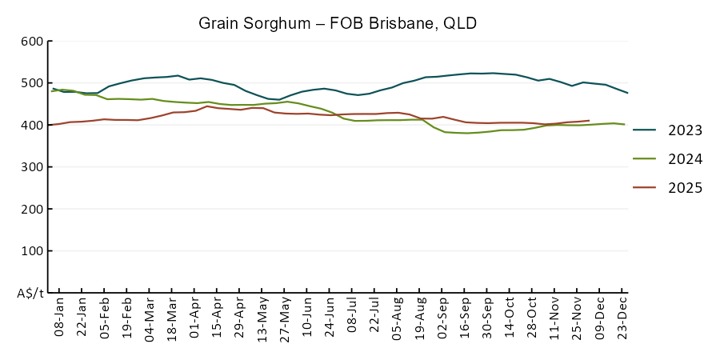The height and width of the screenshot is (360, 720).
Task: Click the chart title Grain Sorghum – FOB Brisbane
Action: pyautogui.click(x=338, y=23)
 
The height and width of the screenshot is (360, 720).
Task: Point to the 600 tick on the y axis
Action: pyautogui.click(x=33, y=41)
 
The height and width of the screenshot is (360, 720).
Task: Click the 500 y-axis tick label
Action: pyautogui.click(x=33, y=83)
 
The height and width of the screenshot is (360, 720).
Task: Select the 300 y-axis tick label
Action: pyautogui.click(x=33, y=167)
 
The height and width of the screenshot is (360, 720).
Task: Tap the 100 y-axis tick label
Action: pyautogui.click(x=33, y=251)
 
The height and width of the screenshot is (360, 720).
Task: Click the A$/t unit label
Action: pyautogui.click(x=30, y=293)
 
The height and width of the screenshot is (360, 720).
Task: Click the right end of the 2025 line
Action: pyautogui.click(x=589, y=121)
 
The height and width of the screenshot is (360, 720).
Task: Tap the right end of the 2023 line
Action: pyautogui.click(x=627, y=93)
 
